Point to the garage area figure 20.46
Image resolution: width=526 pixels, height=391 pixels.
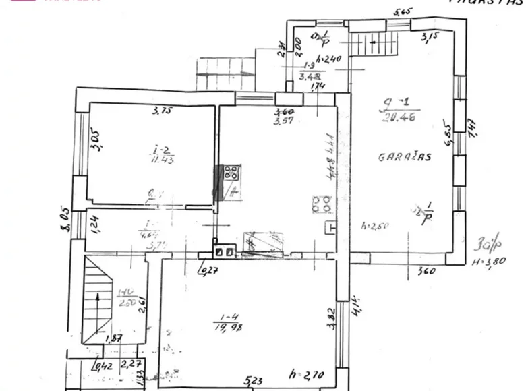click(x=396, y=116)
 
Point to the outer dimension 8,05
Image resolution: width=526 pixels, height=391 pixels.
click(x=65, y=220)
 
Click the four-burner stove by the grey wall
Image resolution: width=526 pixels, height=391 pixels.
click(x=231, y=172)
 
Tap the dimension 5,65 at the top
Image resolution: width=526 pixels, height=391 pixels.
click(x=402, y=11)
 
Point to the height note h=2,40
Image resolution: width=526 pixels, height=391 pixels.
click(x=330, y=58)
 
